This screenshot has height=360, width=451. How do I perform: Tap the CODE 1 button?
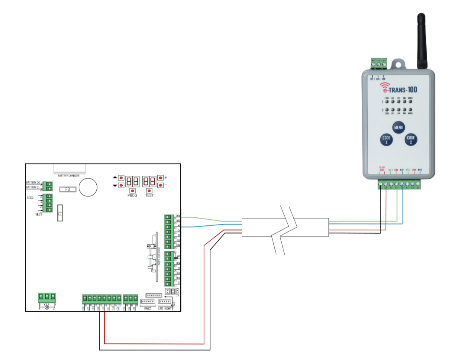click(386, 140)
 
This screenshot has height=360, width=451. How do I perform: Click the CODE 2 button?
click(411, 140)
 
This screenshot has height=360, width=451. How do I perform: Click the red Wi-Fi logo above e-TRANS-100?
click(383, 86)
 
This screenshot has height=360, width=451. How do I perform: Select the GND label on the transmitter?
click(384, 79)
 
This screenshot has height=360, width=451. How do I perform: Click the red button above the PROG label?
click(132, 190)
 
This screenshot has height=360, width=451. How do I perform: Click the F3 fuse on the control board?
click(68, 189)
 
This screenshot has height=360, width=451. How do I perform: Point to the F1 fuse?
click(59, 213)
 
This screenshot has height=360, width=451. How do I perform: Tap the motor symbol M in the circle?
click(47, 307)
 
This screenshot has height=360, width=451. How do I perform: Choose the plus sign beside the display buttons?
click(166, 178)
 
